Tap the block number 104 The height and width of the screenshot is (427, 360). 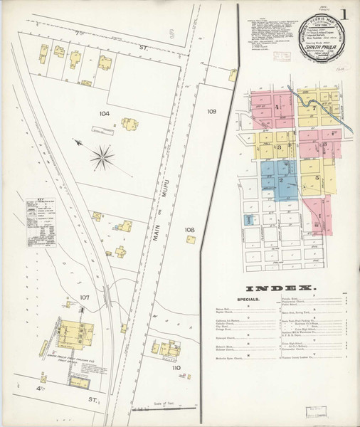(105, 114)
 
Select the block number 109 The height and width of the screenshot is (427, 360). (211, 112)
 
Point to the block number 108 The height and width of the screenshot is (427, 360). (189, 230)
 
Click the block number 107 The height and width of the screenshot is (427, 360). (84, 297)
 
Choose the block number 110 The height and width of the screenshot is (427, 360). (175, 368)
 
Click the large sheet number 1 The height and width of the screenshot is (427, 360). (344, 14)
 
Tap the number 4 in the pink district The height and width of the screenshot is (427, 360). (276, 107)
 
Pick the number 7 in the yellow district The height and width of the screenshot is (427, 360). (314, 108)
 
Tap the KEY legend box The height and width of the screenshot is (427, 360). (41, 223)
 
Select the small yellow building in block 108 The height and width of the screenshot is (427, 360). (191, 240)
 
